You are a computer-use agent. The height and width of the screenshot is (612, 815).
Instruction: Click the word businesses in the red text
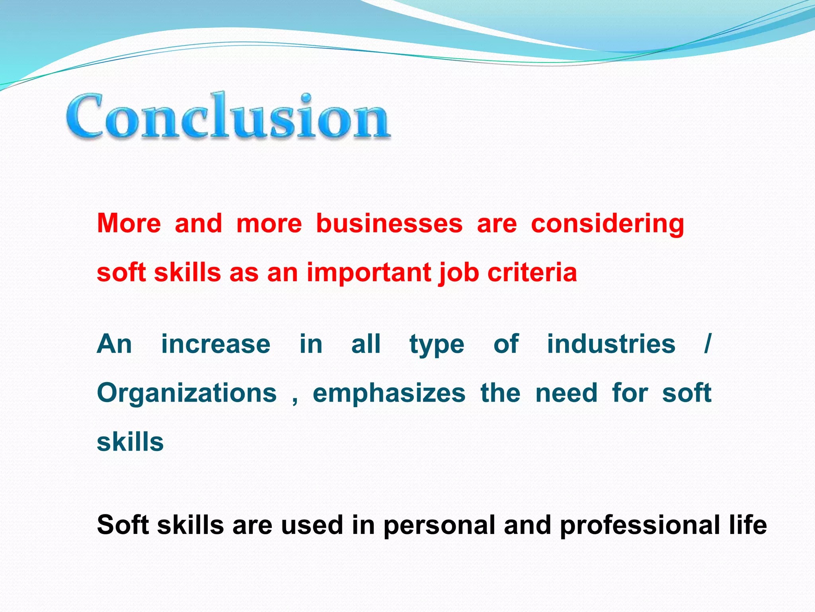[389, 224]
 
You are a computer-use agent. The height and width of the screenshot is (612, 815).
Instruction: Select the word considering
[607, 224]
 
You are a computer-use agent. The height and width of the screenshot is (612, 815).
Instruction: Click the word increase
[216, 344]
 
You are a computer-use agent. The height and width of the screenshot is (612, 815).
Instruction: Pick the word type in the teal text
[437, 345]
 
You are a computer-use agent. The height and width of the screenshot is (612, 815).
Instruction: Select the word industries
[611, 344]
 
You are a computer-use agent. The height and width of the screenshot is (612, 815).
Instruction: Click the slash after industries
[707, 344]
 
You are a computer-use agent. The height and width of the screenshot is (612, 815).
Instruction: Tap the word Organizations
[187, 393]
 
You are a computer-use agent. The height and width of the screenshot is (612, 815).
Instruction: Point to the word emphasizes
[389, 393]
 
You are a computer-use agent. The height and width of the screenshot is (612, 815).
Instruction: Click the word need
[566, 393]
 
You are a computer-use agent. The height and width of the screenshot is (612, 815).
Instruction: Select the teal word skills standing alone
[130, 442]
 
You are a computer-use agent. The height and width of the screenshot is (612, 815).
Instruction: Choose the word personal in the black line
[439, 525]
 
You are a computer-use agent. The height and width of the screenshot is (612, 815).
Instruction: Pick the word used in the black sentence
[312, 525]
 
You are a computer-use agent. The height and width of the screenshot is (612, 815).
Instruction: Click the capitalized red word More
[129, 224]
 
